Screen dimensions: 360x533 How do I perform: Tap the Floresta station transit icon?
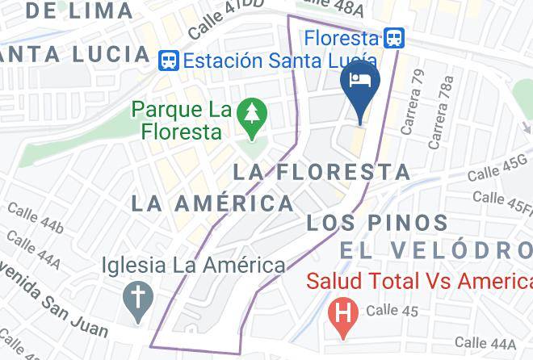(394, 38)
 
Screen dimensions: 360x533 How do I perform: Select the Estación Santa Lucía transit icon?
(169, 60)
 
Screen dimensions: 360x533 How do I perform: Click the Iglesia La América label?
(193, 265)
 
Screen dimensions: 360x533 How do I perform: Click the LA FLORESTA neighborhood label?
(322, 171)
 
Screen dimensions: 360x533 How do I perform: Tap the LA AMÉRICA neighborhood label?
(212, 203)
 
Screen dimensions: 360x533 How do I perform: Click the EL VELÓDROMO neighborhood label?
(436, 250)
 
